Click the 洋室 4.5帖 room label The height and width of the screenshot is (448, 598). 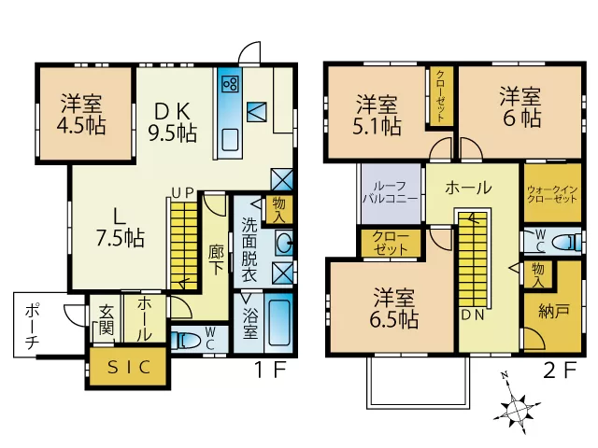click(x=81, y=115)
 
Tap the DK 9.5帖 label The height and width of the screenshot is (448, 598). click(x=172, y=122)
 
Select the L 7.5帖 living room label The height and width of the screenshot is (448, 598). click(x=120, y=228)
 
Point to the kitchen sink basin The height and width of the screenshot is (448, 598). click(x=230, y=140)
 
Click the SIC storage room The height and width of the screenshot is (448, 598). click(x=129, y=367)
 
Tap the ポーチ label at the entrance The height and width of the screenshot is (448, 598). click(x=32, y=326)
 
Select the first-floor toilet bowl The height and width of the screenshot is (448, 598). click(x=186, y=340)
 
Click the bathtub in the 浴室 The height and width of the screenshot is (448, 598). click(x=278, y=322)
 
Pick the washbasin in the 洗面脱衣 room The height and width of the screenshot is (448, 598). click(x=284, y=243)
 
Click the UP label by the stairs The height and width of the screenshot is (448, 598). click(x=183, y=193)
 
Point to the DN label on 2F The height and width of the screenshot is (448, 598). click(x=473, y=315)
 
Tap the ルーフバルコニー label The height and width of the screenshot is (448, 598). click(x=391, y=192)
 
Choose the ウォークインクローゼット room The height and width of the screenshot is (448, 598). click(x=552, y=193)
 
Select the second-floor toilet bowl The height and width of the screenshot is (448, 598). click(x=567, y=242)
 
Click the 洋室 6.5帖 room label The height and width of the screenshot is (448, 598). click(x=394, y=309)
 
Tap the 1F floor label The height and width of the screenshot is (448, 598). click(x=270, y=370)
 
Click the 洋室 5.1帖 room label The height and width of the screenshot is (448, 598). click(x=377, y=115)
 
